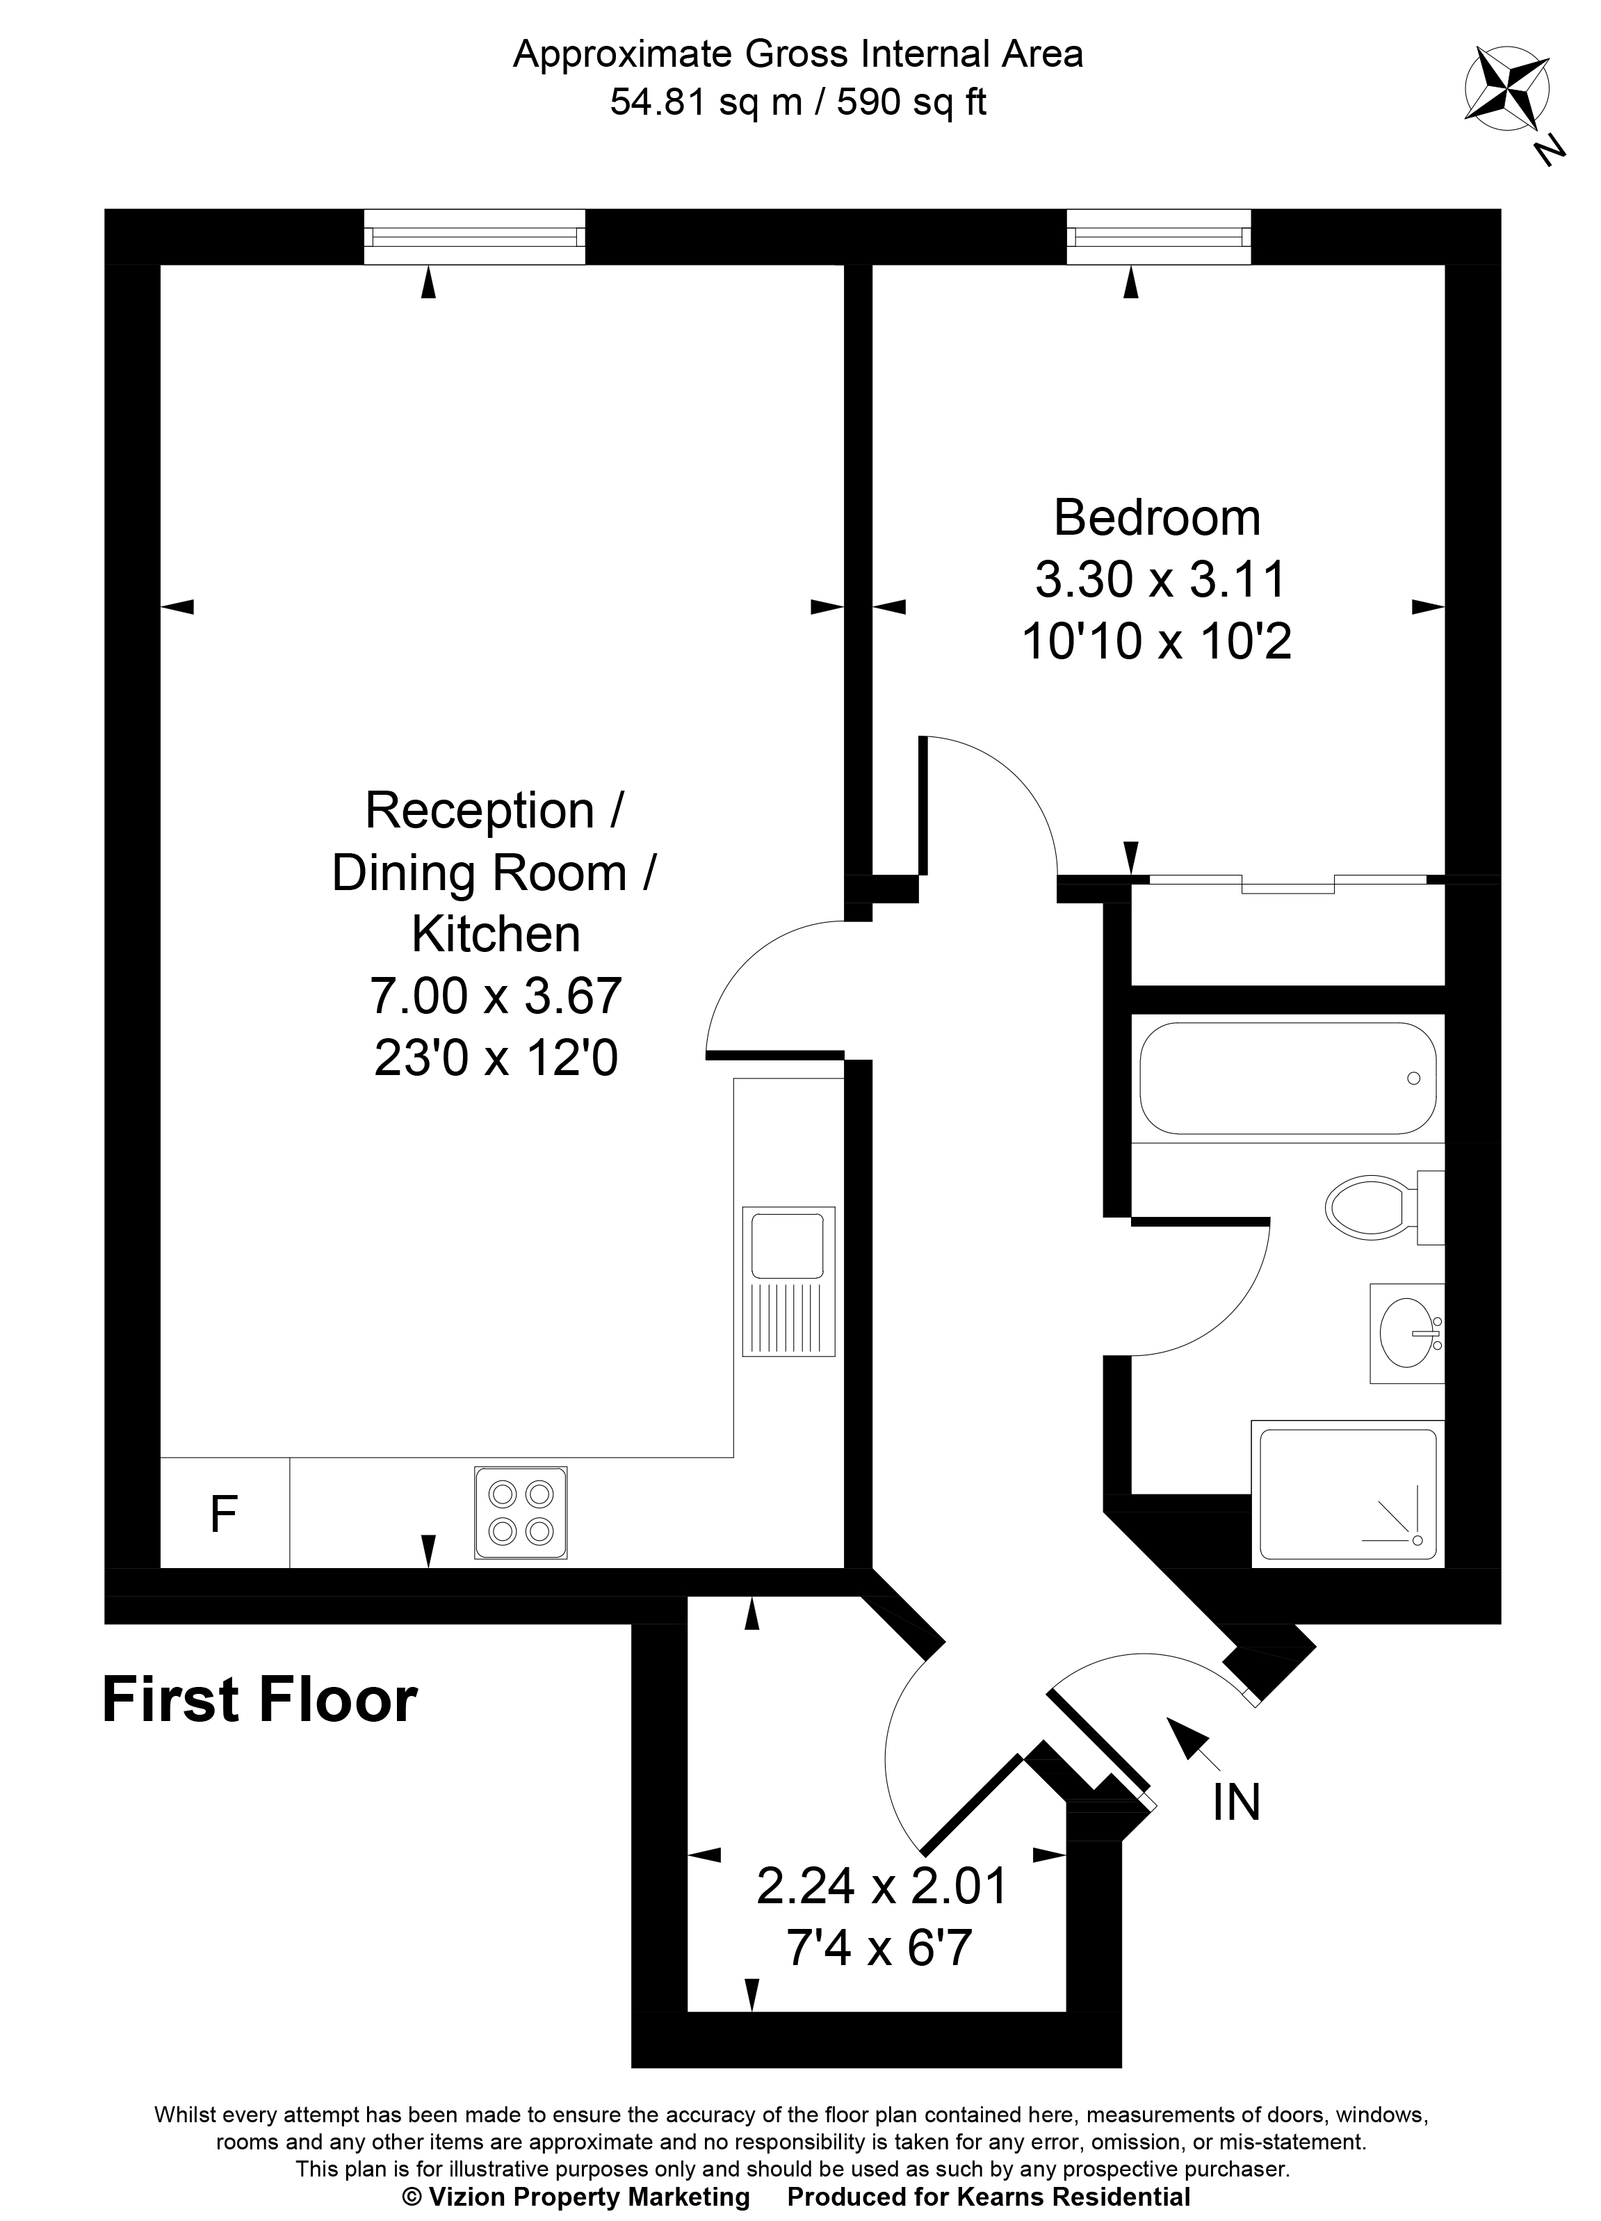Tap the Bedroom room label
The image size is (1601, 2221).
click(x=1157, y=517)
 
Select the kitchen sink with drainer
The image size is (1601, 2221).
click(x=788, y=1281)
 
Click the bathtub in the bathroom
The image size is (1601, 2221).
click(x=1287, y=1079)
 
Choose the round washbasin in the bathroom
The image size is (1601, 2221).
click(x=1407, y=1333)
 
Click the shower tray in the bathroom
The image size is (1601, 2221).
click(x=1347, y=1494)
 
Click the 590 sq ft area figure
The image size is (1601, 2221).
click(x=911, y=102)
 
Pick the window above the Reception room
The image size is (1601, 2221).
click(x=475, y=237)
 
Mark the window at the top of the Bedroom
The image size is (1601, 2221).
click(x=1158, y=237)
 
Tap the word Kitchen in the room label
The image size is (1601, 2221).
click(x=496, y=935)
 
